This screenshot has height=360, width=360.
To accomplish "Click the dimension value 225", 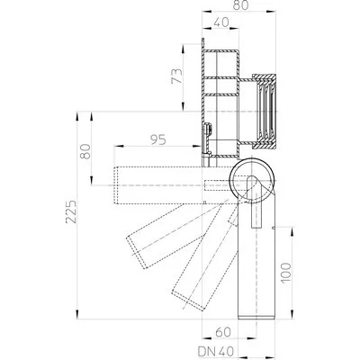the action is (71, 211).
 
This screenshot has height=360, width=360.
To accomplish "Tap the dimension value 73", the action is (176, 76).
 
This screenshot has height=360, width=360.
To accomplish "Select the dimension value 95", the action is (158, 140).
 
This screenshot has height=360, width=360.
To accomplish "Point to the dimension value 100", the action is (286, 272).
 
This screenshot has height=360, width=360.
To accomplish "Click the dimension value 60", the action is (223, 332).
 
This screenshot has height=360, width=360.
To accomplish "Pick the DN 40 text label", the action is (216, 351).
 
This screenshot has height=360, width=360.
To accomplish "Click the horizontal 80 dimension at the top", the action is (241, 5).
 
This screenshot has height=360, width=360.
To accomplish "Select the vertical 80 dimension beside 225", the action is (85, 151).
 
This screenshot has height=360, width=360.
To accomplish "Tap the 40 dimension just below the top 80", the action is (220, 22).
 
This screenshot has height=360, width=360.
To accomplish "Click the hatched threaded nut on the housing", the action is (265, 112).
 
